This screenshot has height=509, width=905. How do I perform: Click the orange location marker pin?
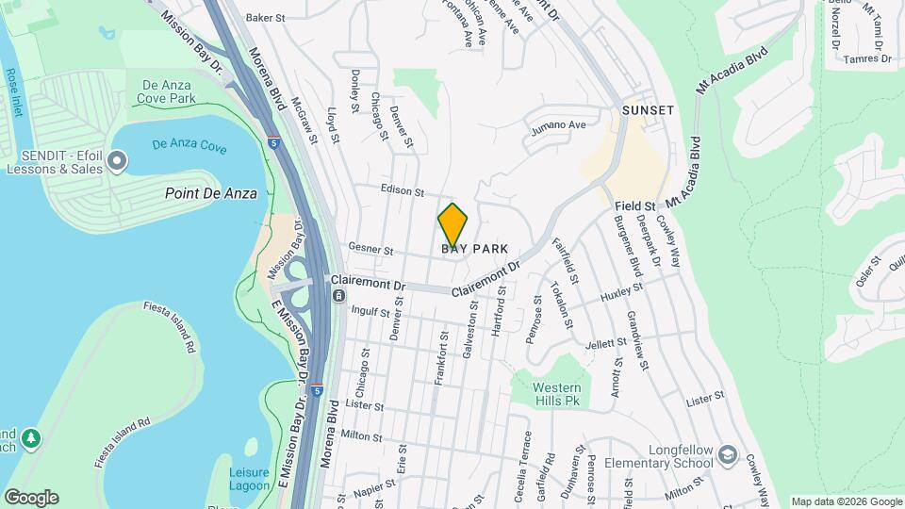452,225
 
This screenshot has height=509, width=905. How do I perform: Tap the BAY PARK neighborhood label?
475,249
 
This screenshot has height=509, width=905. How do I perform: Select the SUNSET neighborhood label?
648,110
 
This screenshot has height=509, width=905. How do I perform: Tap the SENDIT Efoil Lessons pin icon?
117,162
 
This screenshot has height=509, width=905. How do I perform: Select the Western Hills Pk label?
556,394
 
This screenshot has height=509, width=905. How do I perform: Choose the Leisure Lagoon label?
249,479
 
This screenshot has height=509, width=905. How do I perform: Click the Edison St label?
403,189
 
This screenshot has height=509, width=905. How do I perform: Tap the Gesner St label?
370,250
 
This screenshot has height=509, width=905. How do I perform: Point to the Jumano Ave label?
557,125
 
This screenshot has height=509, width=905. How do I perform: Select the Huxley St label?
621,295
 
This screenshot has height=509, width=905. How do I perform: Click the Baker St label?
265,18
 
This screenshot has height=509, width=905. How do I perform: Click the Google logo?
31,497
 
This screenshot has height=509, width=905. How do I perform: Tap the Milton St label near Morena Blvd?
361,435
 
